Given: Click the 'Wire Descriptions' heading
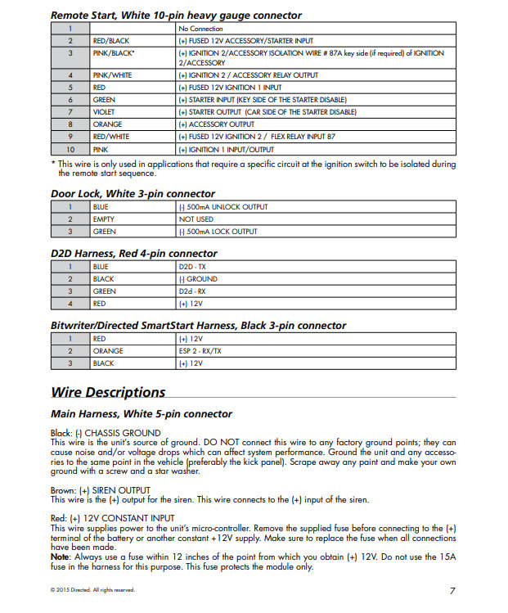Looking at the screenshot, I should [108, 392].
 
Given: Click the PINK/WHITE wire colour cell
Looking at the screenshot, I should [111, 75].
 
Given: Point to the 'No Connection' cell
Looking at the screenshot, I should [200, 29].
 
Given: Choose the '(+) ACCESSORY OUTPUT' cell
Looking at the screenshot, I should [215, 124].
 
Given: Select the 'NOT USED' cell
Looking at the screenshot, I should [196, 219].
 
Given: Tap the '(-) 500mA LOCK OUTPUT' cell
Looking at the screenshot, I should [218, 232].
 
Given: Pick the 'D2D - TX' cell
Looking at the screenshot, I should [194, 267].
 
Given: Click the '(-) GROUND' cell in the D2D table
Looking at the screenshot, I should [198, 279].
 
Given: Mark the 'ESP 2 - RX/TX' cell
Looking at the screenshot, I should [200, 350].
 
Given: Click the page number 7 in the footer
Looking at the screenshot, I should [452, 590].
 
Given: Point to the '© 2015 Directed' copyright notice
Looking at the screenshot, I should [92, 590].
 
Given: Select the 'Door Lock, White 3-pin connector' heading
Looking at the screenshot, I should [133, 194].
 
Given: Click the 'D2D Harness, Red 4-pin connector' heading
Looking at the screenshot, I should [134, 254].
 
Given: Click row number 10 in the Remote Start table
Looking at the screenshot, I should [70, 151].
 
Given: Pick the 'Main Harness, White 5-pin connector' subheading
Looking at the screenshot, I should [141, 414].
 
